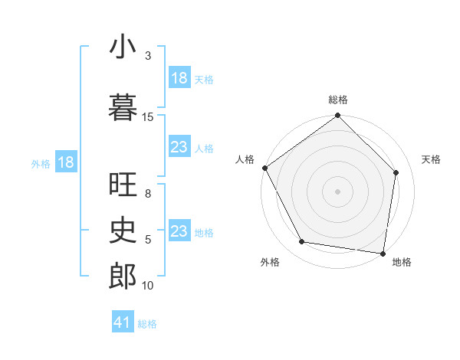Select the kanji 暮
point(123,107)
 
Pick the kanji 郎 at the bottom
point(123,277)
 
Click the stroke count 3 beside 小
point(148,56)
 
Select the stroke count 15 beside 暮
point(148,116)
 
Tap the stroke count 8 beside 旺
point(148,195)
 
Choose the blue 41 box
point(123,322)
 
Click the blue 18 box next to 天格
point(179,78)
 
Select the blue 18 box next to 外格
point(65,162)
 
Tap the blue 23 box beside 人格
point(179,147)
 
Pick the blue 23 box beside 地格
point(179,231)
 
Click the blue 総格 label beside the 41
point(147,324)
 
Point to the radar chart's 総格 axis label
point(338,100)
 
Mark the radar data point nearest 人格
point(264,168)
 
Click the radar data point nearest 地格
point(383,252)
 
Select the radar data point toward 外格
point(302,242)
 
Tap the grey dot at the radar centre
point(337,191)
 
